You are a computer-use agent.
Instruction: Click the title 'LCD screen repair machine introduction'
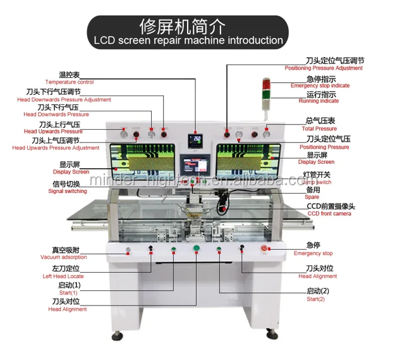click(x=188, y=40)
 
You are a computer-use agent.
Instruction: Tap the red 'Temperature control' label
click(x=69, y=82)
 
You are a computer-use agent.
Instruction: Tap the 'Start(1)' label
click(x=69, y=293)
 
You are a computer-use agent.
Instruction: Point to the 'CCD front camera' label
click(x=331, y=214)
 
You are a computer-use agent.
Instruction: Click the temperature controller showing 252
click(x=196, y=140)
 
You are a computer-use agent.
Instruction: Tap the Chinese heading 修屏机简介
click(x=188, y=25)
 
